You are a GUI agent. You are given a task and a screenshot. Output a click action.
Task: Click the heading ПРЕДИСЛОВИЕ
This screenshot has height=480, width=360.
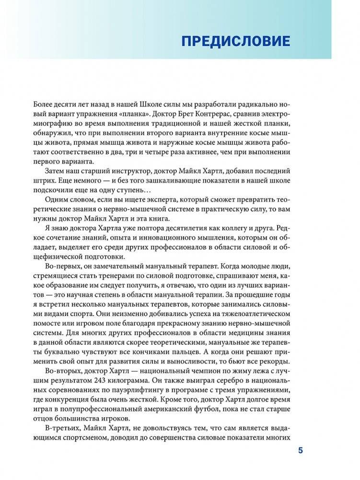click(x=235, y=41)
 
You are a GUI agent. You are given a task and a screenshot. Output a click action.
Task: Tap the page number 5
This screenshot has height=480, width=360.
click(x=301, y=450)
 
